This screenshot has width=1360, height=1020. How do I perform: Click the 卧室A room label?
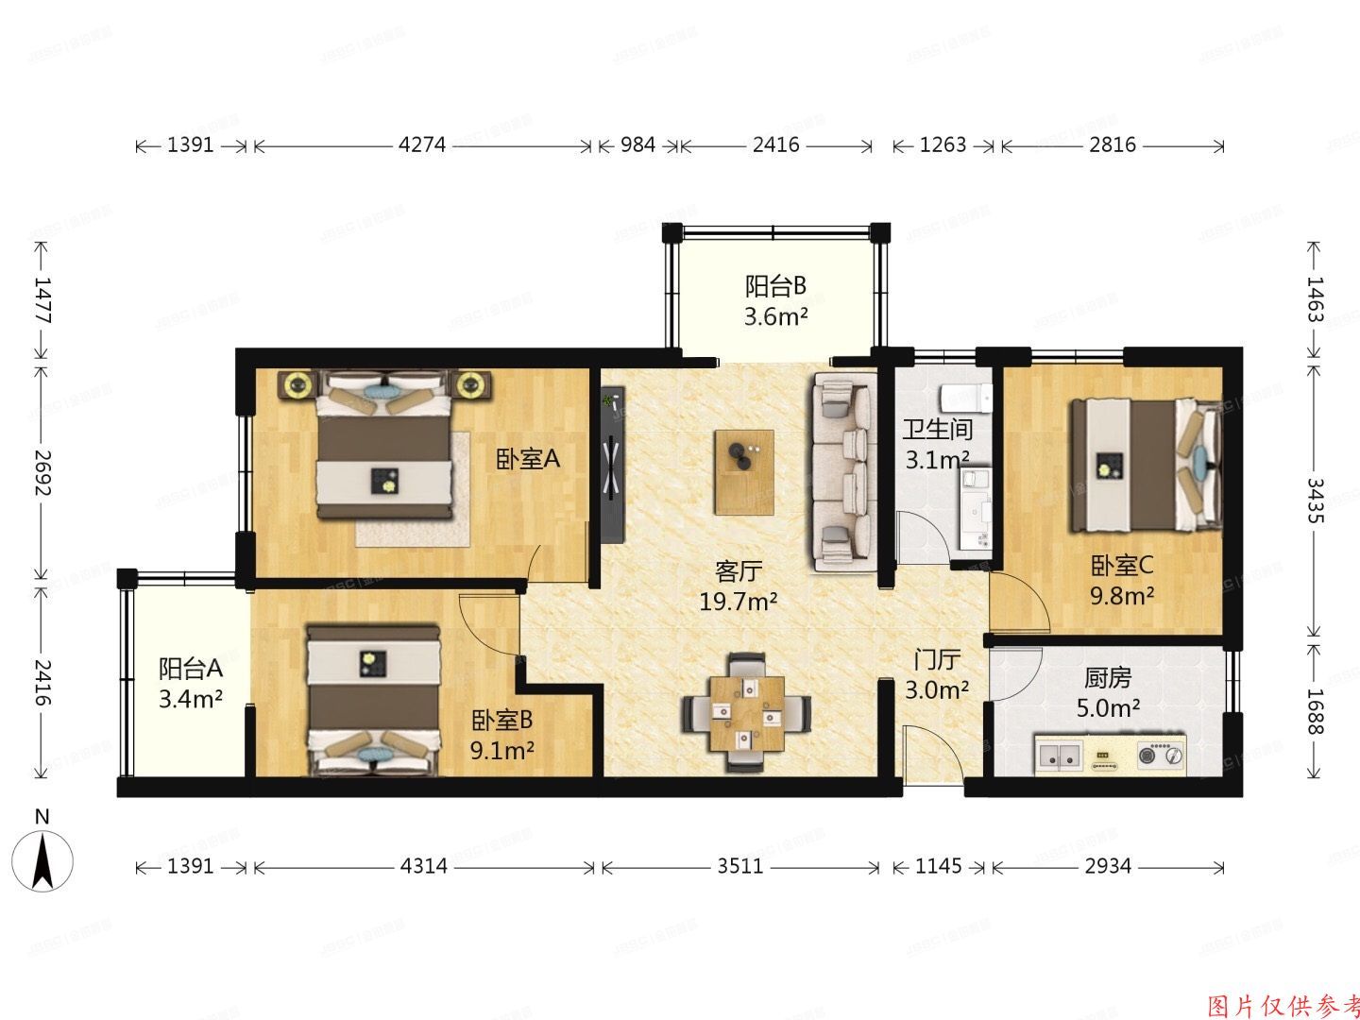[528, 459]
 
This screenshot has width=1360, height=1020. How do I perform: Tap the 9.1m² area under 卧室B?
[502, 751]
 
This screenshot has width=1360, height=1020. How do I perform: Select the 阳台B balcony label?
[774, 285]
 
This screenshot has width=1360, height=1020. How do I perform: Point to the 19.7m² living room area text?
[738, 601]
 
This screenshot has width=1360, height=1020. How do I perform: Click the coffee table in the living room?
[743, 471]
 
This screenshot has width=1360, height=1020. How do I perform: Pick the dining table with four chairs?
[747, 712]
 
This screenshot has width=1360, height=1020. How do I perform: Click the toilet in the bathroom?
[967, 398]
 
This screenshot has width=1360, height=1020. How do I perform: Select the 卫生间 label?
[937, 430]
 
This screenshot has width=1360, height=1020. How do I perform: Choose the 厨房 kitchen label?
[1107, 677]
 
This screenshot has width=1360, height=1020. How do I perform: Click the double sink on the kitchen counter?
[1059, 755]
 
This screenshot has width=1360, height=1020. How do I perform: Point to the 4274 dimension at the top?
[421, 145]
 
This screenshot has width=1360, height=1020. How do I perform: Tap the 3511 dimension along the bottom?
[739, 866]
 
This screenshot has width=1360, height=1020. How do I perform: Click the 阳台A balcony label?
[190, 669]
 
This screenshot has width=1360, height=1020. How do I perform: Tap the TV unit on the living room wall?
[611, 464]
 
